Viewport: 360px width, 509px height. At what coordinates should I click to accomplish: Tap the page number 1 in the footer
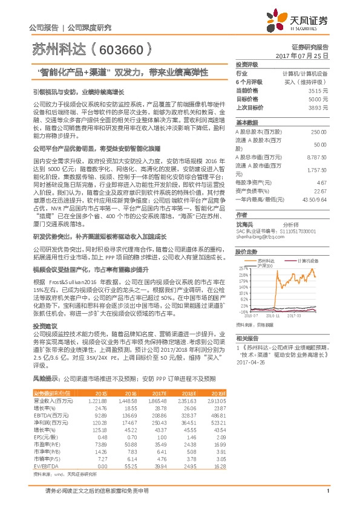coord(327,490)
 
